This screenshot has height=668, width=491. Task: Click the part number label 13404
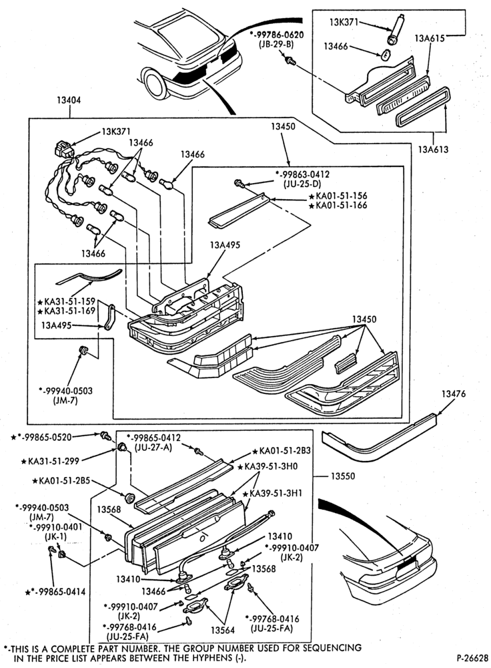[x=69, y=100]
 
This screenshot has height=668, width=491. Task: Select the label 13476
[x=453, y=394]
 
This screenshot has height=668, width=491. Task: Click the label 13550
[x=342, y=476]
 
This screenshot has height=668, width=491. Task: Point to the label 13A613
[x=433, y=150]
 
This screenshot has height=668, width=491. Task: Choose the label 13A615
[x=430, y=39]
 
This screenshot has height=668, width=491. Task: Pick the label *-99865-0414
[x=55, y=592]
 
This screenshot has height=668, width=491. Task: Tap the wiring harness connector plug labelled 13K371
[x=62, y=150]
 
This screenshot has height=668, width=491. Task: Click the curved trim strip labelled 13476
[x=379, y=439]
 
